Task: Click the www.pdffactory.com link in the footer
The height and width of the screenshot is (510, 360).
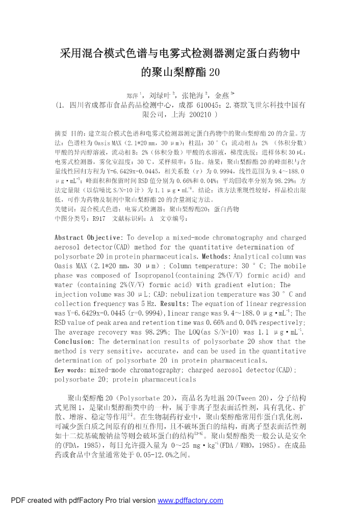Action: (190, 500)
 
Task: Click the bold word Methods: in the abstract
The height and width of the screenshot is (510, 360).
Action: (220, 256)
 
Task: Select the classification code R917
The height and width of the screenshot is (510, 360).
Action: (98, 218)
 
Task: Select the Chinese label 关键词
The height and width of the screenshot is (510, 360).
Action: (64, 209)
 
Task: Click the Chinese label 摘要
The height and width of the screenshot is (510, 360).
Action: (61, 134)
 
